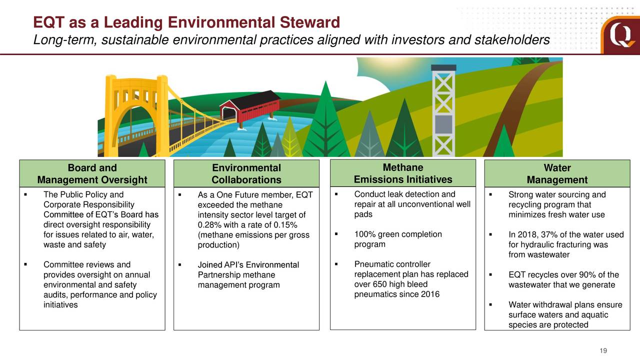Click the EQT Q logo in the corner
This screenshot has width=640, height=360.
pos(620,35)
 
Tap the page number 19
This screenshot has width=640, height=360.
pos(603,350)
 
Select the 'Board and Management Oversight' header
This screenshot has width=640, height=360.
pos(92,173)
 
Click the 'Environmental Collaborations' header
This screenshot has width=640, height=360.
pos(246,173)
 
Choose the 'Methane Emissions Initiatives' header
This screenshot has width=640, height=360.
pos(403,173)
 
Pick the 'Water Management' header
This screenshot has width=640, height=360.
pos(557,173)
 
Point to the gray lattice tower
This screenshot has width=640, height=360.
pos(443,110)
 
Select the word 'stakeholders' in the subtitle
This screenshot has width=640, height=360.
pos(512,39)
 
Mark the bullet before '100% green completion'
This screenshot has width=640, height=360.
pos(336,234)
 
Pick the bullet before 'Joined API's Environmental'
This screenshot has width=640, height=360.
pos(179,264)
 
